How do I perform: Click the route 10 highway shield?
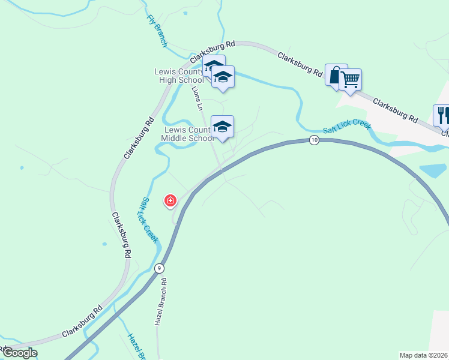(314, 140)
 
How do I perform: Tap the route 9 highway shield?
(159, 268)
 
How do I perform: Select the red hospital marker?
(170, 200)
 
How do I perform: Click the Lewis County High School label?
(179, 76)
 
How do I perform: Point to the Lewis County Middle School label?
(187, 134)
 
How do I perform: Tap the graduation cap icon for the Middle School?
(222, 127)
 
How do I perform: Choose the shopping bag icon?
(336, 75)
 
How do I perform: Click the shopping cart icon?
(350, 79)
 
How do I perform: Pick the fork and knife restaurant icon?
(442, 114)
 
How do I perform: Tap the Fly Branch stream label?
(157, 31)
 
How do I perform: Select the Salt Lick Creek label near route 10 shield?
(347, 127)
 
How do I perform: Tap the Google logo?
(19, 353)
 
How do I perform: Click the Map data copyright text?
(424, 355)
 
